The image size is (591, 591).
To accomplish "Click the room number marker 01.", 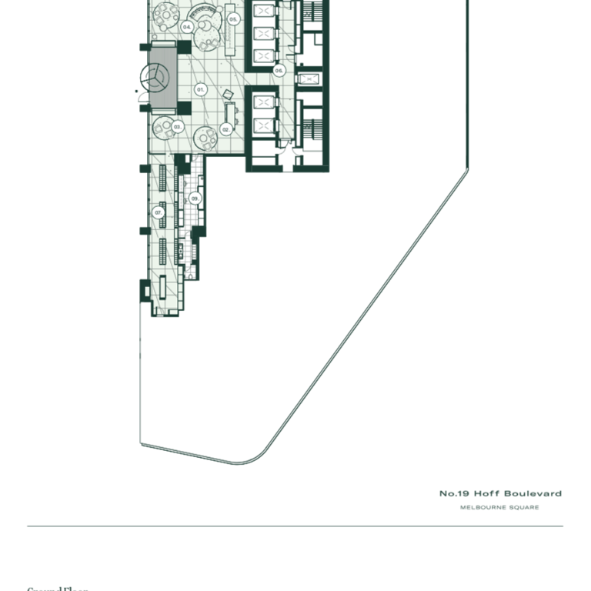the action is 200,90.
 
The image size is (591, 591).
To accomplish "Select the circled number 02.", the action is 226,130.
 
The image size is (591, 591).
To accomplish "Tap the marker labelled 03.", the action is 177,126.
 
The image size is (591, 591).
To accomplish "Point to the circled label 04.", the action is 187,26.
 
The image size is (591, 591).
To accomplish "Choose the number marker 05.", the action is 232,18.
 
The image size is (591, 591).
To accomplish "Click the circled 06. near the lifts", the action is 279,70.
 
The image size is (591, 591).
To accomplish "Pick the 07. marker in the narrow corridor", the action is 159,212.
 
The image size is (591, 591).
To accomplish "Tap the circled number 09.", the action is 195,199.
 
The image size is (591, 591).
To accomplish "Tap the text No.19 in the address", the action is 454,493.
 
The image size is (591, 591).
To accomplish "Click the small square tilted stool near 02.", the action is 228,95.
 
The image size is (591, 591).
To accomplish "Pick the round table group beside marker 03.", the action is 162,126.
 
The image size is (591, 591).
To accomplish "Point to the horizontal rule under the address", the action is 295,526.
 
